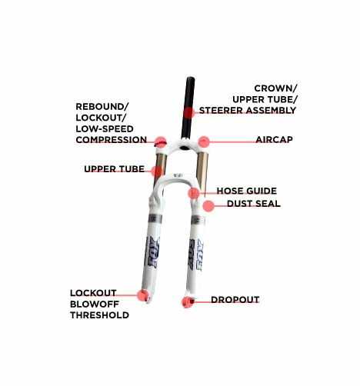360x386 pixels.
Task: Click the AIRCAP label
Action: [x=274, y=140]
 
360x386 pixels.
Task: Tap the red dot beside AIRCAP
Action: [x=204, y=141]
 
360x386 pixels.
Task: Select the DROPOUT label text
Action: [x=235, y=300]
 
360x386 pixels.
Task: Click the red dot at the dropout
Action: [x=188, y=302]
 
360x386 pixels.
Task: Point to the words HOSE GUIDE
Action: [x=247, y=191]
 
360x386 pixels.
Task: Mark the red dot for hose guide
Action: [x=194, y=193]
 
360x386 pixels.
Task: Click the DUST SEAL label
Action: [x=254, y=204]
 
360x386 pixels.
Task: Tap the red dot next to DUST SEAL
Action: [x=208, y=206]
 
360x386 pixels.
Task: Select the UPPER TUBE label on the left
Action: [x=115, y=169]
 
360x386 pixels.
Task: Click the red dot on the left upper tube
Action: [x=157, y=171]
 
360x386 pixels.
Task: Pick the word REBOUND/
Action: [x=102, y=107]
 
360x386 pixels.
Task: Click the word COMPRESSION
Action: [x=112, y=140]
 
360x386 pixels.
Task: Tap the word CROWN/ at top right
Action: [x=275, y=88]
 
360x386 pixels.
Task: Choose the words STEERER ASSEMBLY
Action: [x=248, y=111]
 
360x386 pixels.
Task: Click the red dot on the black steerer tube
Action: [x=189, y=113]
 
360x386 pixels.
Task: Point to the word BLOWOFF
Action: [x=95, y=304]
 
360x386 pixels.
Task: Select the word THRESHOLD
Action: [x=99, y=315]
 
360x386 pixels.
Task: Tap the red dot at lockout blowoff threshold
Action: [x=143, y=295]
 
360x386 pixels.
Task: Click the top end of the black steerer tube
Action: [x=191, y=78]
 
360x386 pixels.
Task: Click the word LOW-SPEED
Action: [x=105, y=129]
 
